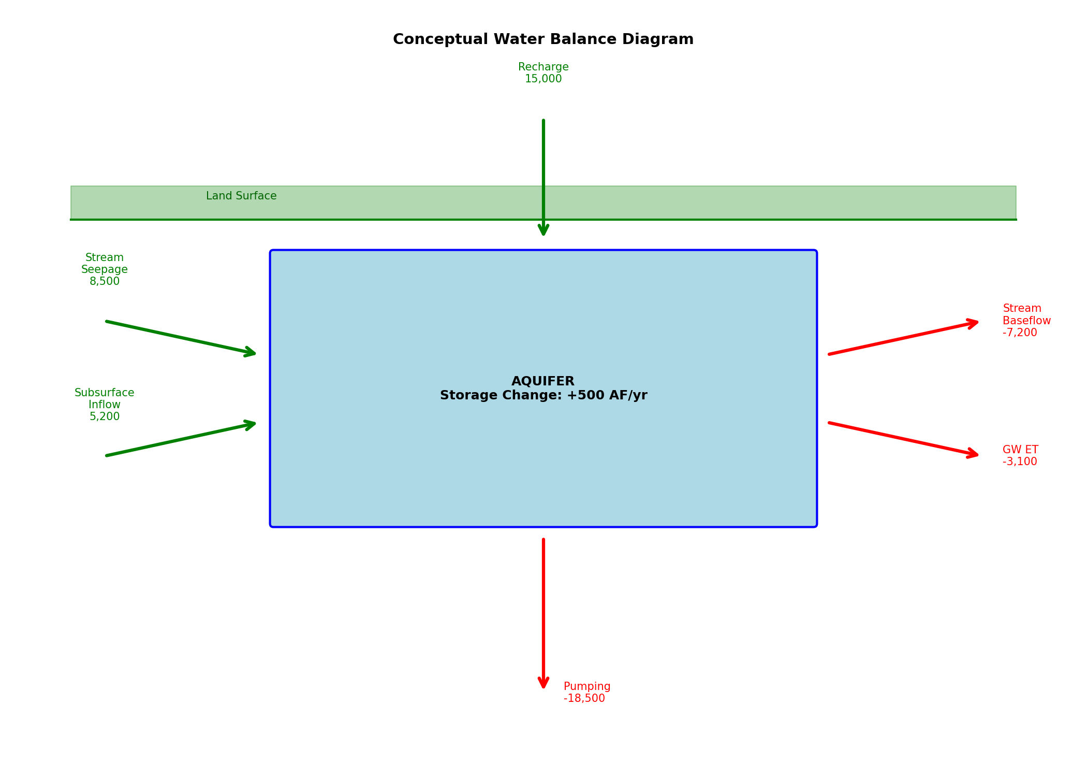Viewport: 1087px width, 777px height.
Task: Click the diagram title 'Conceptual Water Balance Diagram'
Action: point(543,39)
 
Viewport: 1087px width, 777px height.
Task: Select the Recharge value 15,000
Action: point(543,79)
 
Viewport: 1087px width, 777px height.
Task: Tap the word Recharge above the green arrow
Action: point(543,67)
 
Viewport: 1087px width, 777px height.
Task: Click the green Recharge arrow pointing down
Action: point(543,171)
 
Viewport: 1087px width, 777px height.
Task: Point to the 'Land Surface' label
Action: point(241,196)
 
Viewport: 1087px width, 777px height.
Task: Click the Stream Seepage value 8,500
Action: point(105,282)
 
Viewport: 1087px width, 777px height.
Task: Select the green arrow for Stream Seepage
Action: point(181,338)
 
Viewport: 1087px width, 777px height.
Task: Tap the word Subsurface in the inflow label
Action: point(105,393)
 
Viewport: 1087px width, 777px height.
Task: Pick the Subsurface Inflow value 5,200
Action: point(105,417)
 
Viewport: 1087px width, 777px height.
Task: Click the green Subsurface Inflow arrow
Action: point(181,439)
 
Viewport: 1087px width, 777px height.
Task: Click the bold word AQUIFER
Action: point(543,382)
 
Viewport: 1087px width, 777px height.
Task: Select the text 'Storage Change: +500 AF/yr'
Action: point(543,396)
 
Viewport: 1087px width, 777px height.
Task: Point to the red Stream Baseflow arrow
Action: point(903,338)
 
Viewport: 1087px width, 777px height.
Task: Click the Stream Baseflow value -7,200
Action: point(1020,333)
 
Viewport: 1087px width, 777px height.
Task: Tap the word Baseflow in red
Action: point(1026,321)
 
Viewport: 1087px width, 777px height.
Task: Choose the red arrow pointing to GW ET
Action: point(903,439)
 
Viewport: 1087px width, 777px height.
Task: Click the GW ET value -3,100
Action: point(1020,462)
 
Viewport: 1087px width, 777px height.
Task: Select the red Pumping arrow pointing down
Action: point(543,611)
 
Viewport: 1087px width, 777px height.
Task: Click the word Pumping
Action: point(587,687)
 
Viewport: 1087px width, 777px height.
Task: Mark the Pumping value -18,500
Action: point(584,699)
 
